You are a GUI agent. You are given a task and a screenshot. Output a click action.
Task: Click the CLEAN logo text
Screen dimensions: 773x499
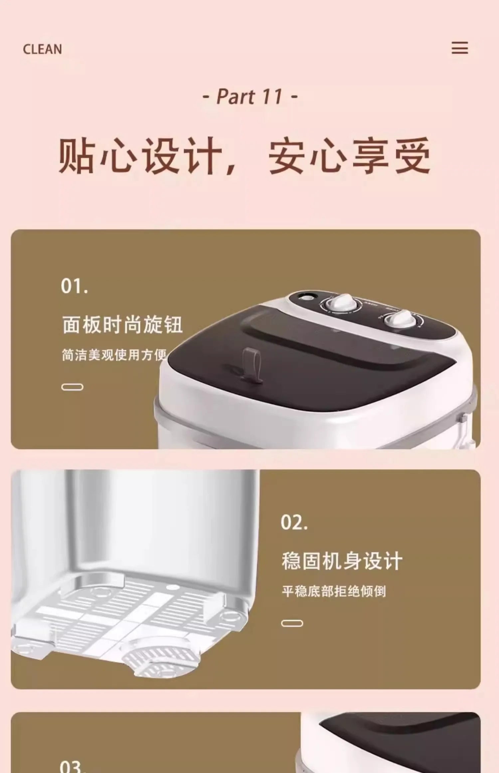[x=42, y=49]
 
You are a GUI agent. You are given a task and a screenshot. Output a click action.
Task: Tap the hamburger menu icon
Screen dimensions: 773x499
[x=459, y=48]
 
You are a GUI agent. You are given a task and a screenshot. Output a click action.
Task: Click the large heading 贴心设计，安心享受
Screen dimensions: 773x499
[x=245, y=156]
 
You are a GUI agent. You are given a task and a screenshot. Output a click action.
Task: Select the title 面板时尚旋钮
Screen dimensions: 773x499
[x=122, y=325]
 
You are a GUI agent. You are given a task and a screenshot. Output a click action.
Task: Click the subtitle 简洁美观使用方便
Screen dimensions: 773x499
[x=114, y=355]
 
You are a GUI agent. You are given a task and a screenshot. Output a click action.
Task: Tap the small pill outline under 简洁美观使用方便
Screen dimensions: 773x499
[x=72, y=387]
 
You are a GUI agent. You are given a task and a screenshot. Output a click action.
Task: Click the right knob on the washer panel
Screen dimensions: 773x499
[x=400, y=320]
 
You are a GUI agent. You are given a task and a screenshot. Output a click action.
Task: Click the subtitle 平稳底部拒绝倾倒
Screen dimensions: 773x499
[x=334, y=592]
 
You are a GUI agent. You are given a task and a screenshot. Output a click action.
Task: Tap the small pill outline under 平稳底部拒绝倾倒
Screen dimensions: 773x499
[x=292, y=623]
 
